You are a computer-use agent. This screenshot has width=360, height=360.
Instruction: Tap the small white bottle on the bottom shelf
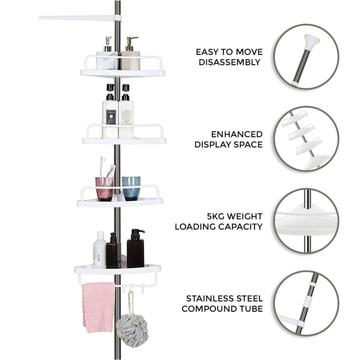[x=99, y=250]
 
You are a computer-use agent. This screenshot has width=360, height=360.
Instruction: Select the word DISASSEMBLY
[x=230, y=63]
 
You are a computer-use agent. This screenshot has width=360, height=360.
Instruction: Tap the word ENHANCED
[x=237, y=134]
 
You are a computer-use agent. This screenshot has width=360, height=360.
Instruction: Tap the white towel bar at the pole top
[x=79, y=17]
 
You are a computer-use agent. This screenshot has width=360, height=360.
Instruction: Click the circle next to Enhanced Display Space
[x=306, y=139]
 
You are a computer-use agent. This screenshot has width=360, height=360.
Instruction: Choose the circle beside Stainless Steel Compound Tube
[x=306, y=303]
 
